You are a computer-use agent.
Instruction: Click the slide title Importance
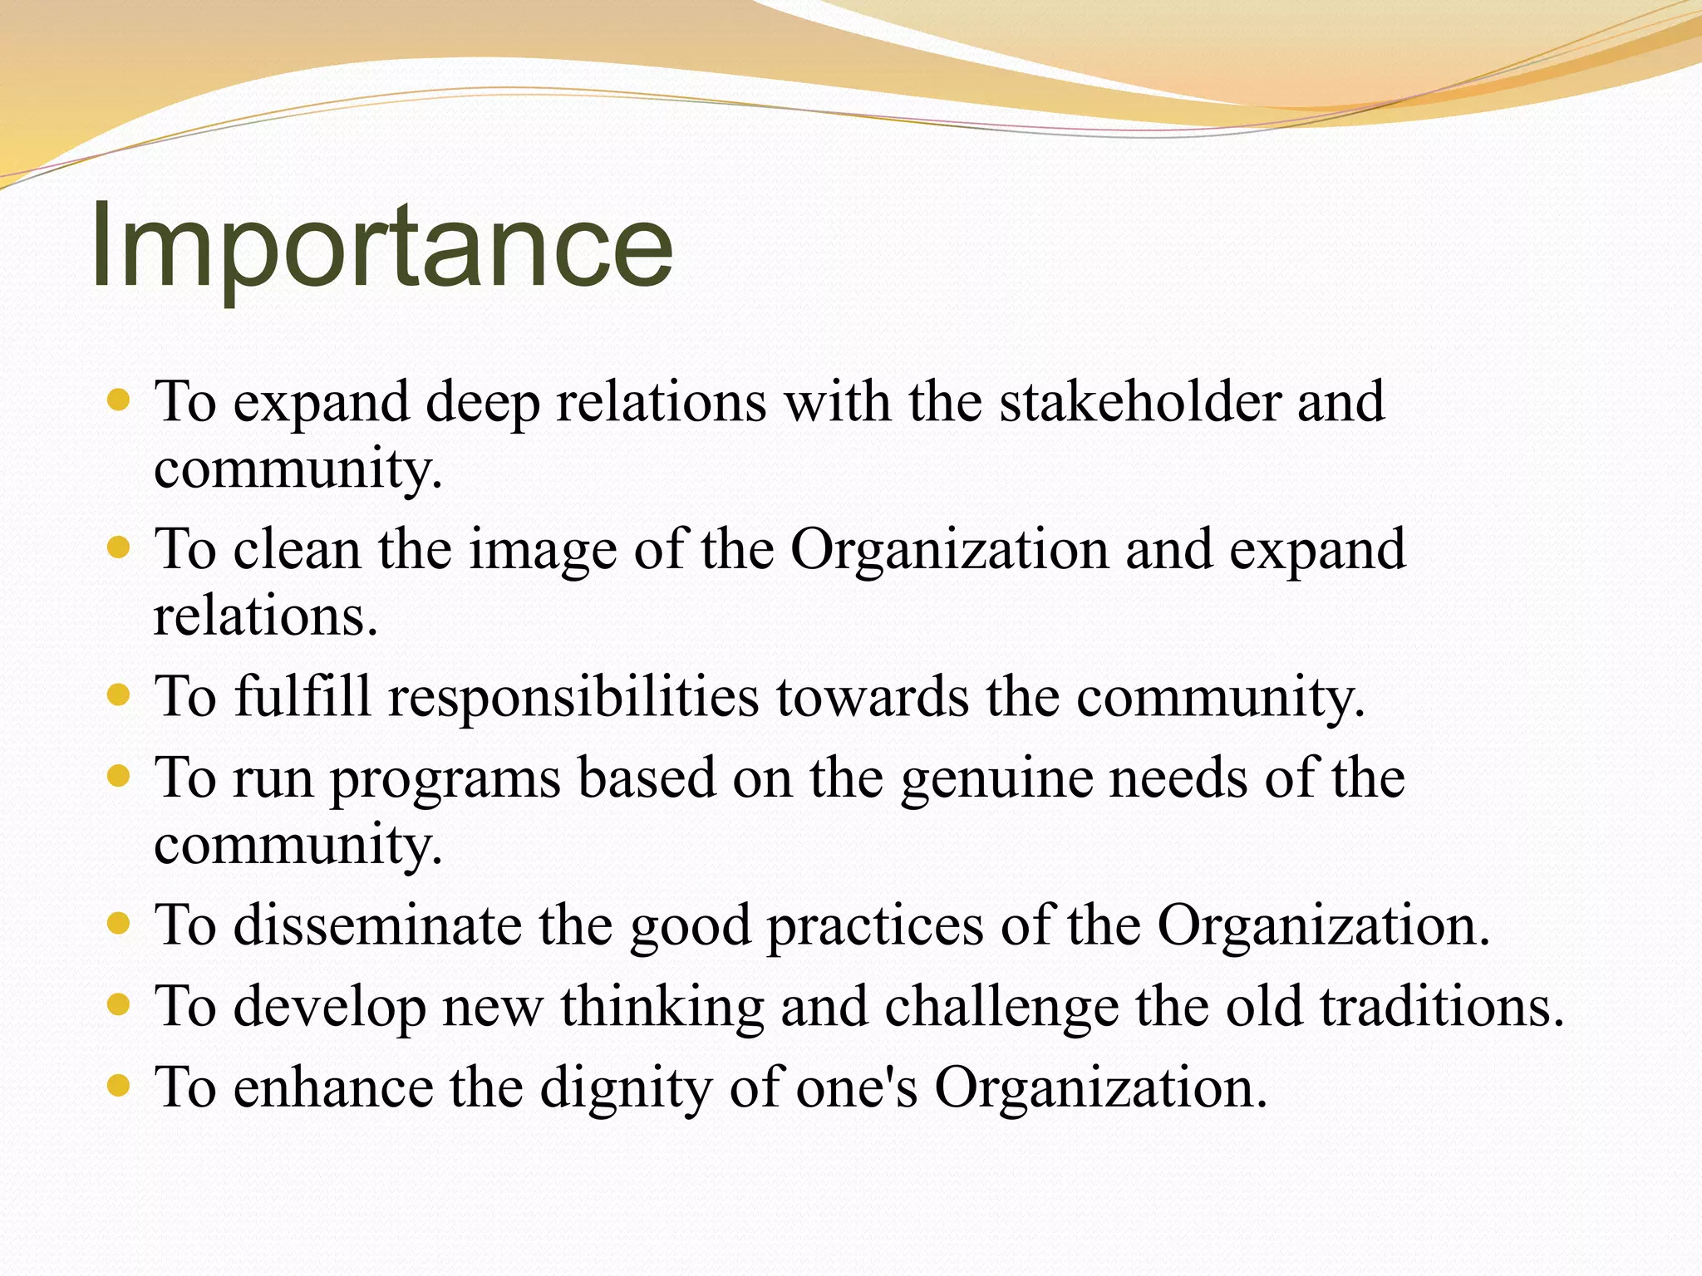coord(381,248)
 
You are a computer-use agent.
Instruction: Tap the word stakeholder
coord(1139,402)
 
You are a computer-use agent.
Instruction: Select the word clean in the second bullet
coord(297,550)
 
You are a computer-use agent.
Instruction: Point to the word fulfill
coord(303,696)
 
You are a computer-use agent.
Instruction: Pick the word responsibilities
coord(573,698)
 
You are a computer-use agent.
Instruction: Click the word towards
coord(873,696)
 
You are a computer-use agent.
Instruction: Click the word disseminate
coord(377,925)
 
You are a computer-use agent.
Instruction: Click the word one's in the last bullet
coord(857,1088)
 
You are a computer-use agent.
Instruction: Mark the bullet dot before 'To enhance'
coord(120,1085)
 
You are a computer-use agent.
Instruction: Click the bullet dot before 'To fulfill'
coord(120,694)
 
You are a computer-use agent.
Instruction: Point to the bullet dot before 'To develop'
coord(120,1005)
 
